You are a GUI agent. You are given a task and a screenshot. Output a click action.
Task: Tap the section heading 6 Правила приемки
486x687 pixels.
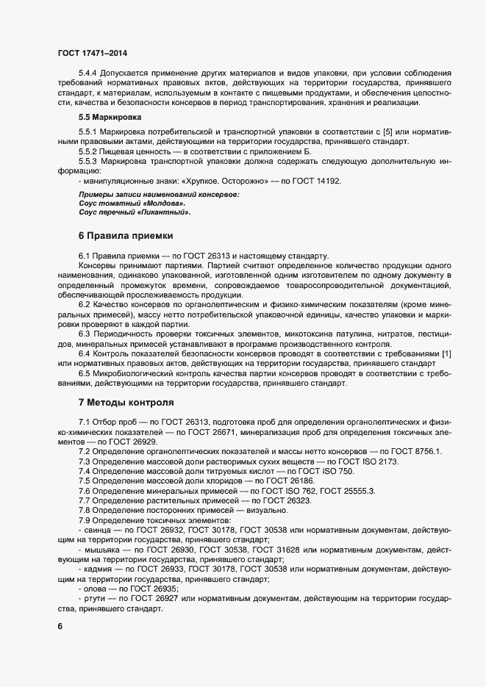126,236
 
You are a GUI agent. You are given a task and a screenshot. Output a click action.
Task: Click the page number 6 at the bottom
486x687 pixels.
60,626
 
